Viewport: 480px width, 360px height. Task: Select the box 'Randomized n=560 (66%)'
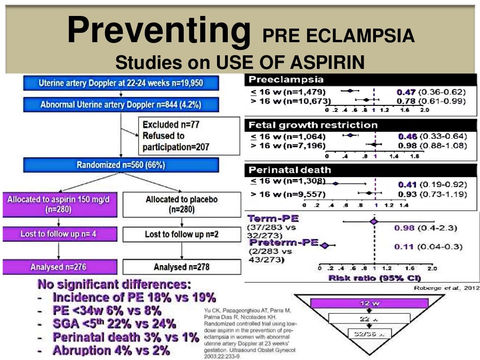pos(121,165)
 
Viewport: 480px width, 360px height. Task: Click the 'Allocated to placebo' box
pos(181,204)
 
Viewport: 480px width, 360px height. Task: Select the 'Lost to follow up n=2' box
pos(181,234)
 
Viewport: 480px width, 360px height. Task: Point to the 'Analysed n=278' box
pos(181,267)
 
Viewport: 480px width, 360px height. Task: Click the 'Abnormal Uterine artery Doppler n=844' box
pos(121,105)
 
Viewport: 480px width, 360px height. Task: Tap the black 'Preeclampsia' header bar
pos(360,79)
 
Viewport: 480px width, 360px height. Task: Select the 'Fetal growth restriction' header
pos(360,125)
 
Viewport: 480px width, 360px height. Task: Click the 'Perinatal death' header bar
pos(360,170)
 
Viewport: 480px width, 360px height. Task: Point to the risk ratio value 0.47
pos(406,92)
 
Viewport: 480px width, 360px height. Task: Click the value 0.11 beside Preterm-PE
pos(403,247)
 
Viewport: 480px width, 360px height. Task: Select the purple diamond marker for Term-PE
pos(374,221)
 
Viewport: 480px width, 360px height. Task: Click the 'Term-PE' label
pos(273,219)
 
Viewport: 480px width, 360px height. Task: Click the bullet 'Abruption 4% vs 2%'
pos(111,350)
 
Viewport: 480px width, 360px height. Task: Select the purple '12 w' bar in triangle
pos(370,303)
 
